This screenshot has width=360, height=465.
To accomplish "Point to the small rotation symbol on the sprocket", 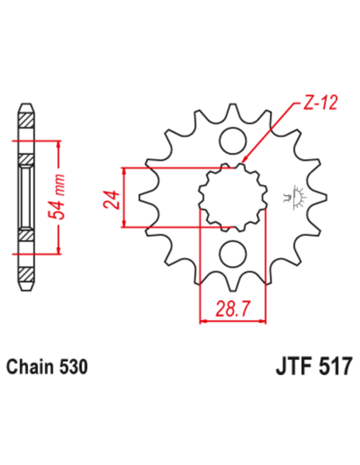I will tap(302, 196).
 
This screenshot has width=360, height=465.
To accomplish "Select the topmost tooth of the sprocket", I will tap(232, 112).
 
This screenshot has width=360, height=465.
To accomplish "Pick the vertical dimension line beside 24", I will tap(123, 197).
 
